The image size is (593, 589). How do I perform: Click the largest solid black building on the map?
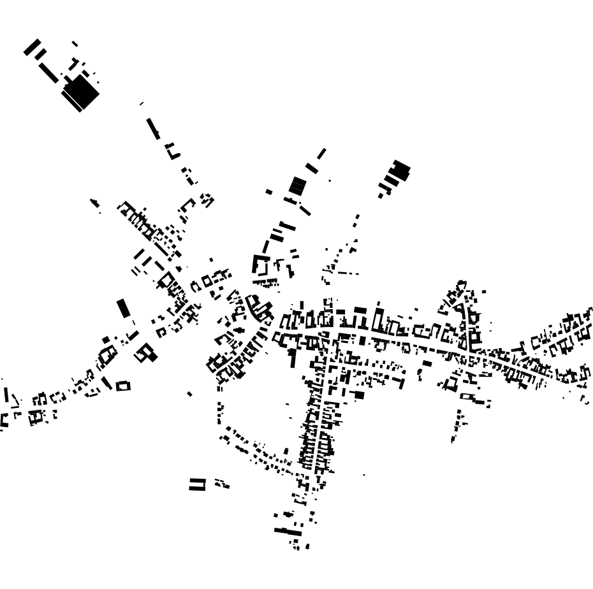click(x=81, y=93)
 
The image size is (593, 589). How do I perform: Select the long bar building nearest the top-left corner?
click(x=32, y=47)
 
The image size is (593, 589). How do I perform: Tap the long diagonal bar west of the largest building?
click(x=48, y=72)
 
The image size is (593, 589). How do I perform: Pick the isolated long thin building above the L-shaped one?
click(x=153, y=128)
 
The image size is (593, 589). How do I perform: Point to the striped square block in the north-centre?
click(x=297, y=186)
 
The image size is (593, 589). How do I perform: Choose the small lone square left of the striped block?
click(x=269, y=192)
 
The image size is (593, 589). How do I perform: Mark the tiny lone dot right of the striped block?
click(x=330, y=181)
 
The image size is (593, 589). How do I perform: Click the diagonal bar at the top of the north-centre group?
click(x=321, y=154)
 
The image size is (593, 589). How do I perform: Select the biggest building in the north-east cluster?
click(x=400, y=170)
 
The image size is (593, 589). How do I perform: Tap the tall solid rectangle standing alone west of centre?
click(x=124, y=309)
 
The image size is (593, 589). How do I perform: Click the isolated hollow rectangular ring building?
click(x=123, y=386)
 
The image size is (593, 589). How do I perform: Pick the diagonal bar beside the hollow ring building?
click(x=106, y=383)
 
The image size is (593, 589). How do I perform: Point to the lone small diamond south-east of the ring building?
click(x=189, y=394)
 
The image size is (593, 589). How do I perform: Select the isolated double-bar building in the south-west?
click(x=198, y=484)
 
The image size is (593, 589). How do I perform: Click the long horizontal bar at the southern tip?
click(x=288, y=531)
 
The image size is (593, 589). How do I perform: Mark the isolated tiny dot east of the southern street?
click(x=364, y=475)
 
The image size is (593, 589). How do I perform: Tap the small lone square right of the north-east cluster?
click(x=484, y=291)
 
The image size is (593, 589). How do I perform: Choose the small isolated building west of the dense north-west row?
click(x=95, y=203)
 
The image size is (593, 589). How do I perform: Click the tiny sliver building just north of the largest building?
click(x=75, y=43)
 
